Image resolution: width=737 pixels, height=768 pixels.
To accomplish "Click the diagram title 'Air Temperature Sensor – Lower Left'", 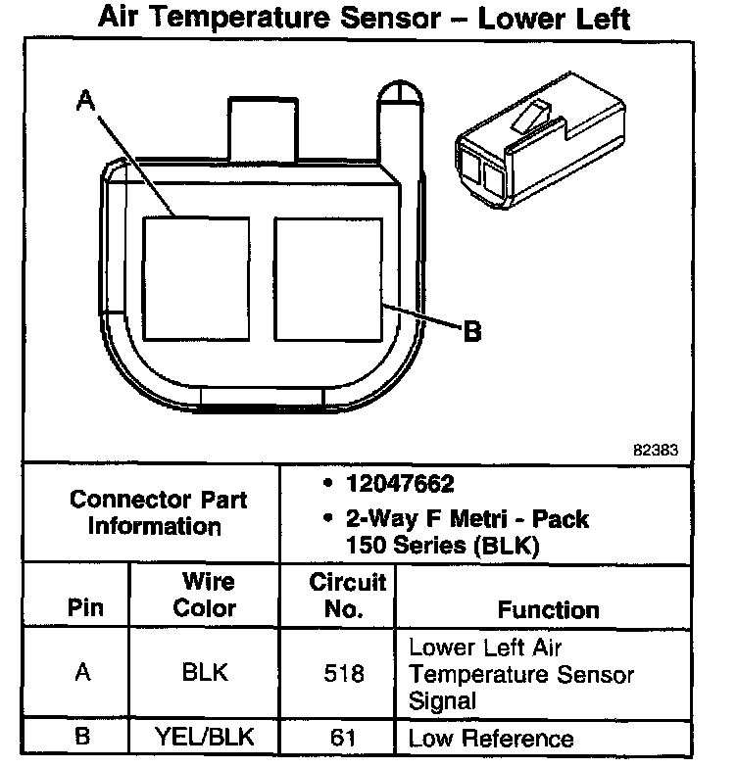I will click(x=364, y=19).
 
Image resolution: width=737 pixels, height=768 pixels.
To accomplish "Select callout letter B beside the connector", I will click(x=471, y=333).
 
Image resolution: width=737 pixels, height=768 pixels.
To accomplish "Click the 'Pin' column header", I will click(x=84, y=607).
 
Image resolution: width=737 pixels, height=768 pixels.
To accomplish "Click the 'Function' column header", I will click(x=548, y=609).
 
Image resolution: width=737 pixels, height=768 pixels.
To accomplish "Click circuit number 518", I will click(x=343, y=674).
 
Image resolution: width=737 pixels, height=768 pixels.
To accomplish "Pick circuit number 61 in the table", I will click(x=343, y=739).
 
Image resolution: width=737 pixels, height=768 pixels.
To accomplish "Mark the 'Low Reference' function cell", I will click(x=490, y=739).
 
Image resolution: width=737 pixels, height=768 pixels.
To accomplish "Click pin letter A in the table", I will click(x=84, y=673).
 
